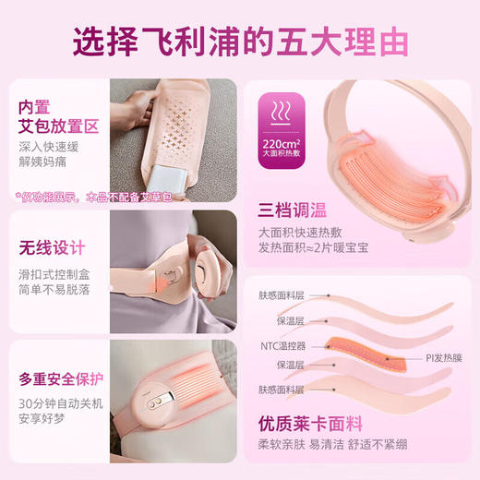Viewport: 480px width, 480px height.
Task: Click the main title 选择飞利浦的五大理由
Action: [240, 42]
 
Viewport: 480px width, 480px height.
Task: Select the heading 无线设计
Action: [52, 247]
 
